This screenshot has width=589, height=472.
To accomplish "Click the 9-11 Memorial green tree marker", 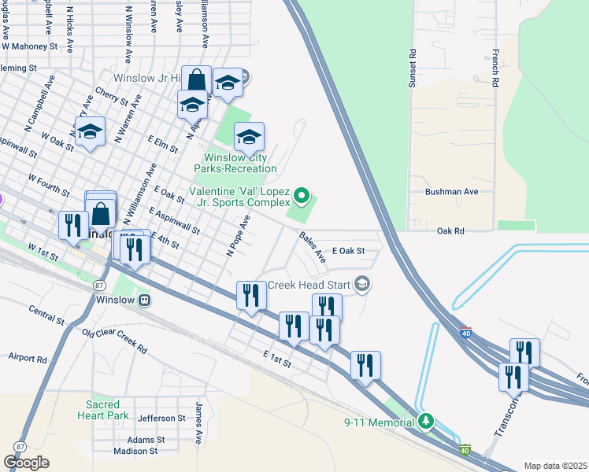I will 426,422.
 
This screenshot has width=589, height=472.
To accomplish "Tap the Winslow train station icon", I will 144,299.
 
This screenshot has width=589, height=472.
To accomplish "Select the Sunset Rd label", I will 411,68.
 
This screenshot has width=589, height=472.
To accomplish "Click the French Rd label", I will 495,68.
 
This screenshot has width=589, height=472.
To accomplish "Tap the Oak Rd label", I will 450,230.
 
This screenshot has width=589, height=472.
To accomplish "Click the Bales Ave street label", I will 312,245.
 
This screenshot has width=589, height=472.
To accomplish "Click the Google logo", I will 26,463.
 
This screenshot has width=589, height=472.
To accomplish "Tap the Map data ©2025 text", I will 555,466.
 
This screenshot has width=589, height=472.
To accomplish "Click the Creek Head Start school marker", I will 362,284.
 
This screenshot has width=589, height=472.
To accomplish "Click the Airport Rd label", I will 28,358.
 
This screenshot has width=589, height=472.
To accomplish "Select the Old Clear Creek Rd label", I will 114,340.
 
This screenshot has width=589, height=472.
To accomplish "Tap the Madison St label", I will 135,451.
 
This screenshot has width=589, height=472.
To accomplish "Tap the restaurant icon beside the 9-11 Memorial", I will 365,365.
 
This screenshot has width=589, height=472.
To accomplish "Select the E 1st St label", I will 277,360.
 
